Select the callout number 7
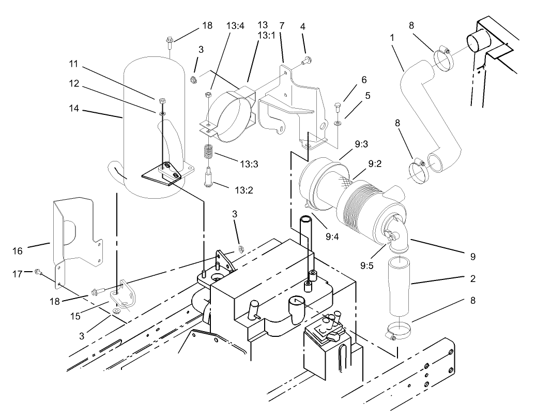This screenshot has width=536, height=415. coord(282,25)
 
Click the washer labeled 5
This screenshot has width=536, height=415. coord(337,123)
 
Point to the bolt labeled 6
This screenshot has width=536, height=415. coord(337,108)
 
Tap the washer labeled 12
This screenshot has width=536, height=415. coord(162,112)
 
